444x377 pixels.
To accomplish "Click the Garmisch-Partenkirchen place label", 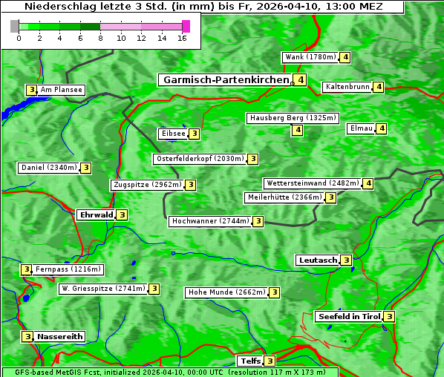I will pos(225,79).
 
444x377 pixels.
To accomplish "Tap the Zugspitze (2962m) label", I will pos(146,185).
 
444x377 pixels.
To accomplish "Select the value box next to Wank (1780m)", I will pos(345,57).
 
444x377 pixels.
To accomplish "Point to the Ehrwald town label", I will pos(96,215).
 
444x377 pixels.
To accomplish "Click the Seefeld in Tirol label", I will pos(348,317).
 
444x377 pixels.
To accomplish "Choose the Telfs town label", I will pos(249,361).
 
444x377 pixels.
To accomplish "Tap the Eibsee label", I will pos(172,134).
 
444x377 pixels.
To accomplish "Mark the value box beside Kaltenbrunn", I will pos(379,87).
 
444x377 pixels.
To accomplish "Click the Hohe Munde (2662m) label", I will pos(226,292).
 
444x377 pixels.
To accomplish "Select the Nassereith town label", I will pos(59,336).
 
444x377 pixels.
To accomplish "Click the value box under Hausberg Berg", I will pos(297,130).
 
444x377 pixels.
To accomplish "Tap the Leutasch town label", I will pos(317,260).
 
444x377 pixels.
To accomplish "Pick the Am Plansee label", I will pos(61,90).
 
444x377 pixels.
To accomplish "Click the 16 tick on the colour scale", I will pos(182,38).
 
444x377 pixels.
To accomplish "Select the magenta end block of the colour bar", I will pos(186,27).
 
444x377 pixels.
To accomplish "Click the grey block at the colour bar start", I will pos(15,27).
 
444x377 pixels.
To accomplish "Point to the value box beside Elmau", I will pos(382,128).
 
